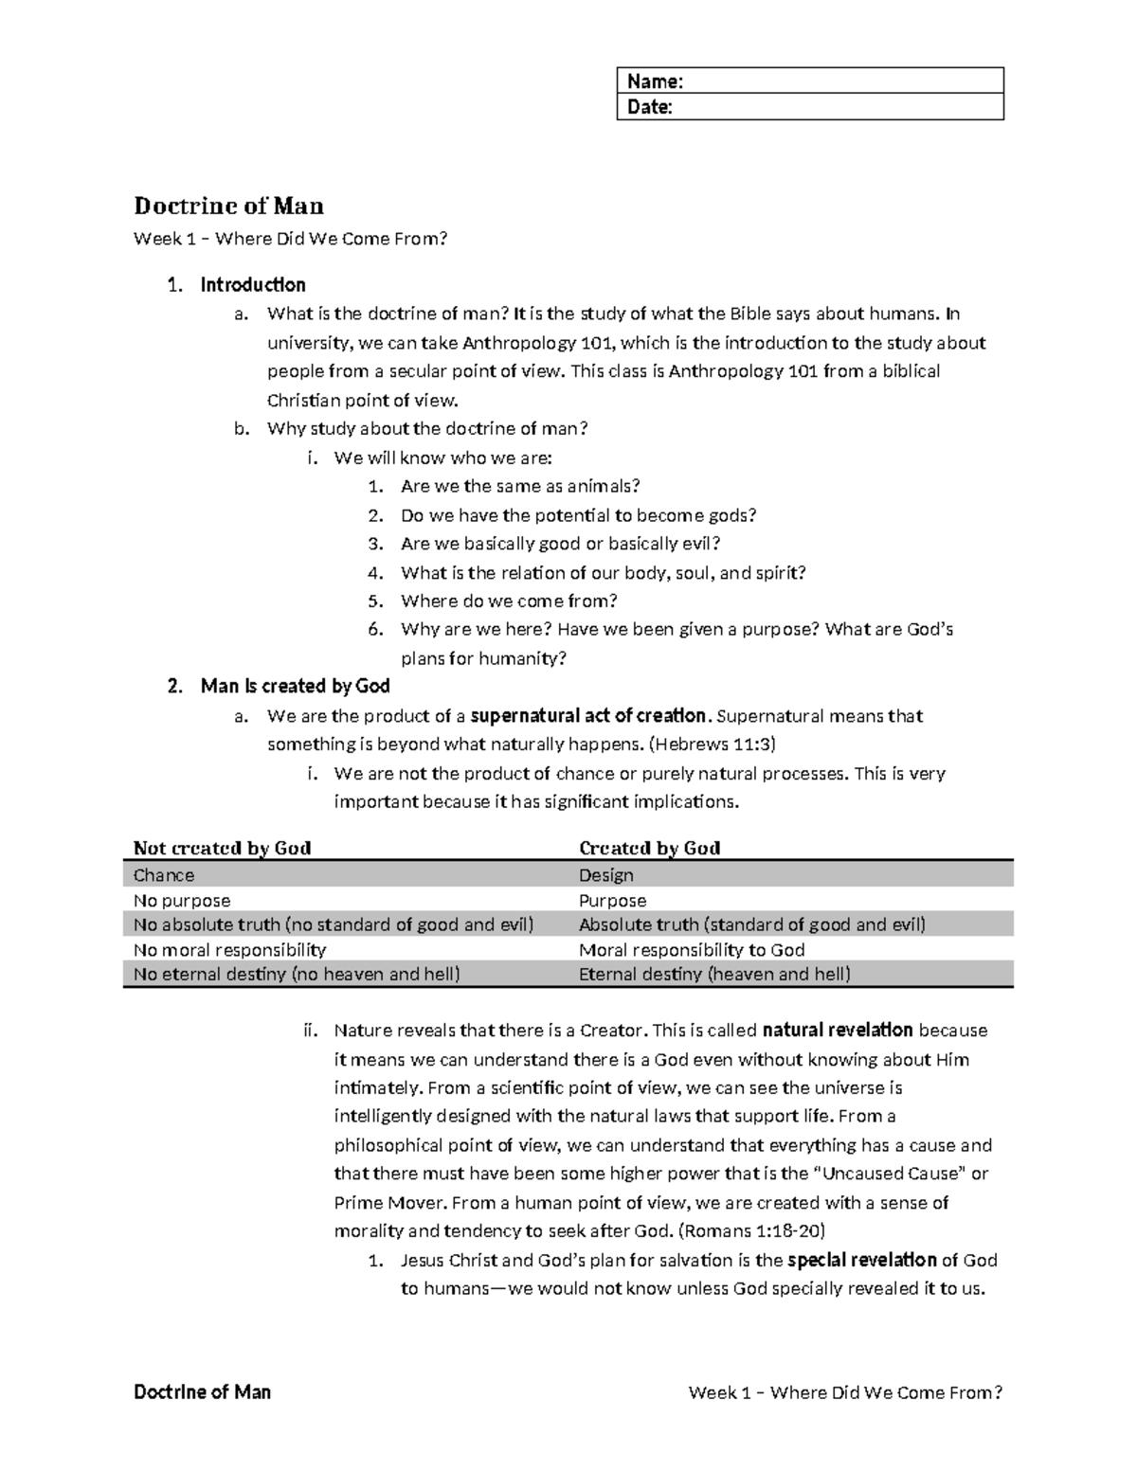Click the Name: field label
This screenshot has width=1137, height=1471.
pos(655,81)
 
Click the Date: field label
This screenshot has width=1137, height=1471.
pos(650,107)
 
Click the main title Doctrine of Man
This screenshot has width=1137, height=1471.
pos(228,206)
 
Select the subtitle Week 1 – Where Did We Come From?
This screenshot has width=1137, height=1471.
pos(289,239)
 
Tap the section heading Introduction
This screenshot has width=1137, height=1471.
pos(253,285)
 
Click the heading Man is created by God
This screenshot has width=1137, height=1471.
pos(295,686)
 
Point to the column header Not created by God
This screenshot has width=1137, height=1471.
pos(222,848)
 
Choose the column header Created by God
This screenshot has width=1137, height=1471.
pos(649,848)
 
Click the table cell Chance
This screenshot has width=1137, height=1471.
pos(164,875)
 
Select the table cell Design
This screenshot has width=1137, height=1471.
pos(606,875)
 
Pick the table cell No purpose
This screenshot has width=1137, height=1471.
pos(182,901)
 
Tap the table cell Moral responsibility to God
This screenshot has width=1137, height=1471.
pos(692,950)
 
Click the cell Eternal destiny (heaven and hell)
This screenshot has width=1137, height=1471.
pos(714,975)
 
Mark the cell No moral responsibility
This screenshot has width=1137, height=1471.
pos(230,950)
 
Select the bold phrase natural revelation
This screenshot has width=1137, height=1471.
pos(838,1031)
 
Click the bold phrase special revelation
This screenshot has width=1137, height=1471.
pos(862,1260)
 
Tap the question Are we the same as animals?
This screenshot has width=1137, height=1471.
pos(520,487)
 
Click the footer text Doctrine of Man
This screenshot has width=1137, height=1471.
pos(203,1391)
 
